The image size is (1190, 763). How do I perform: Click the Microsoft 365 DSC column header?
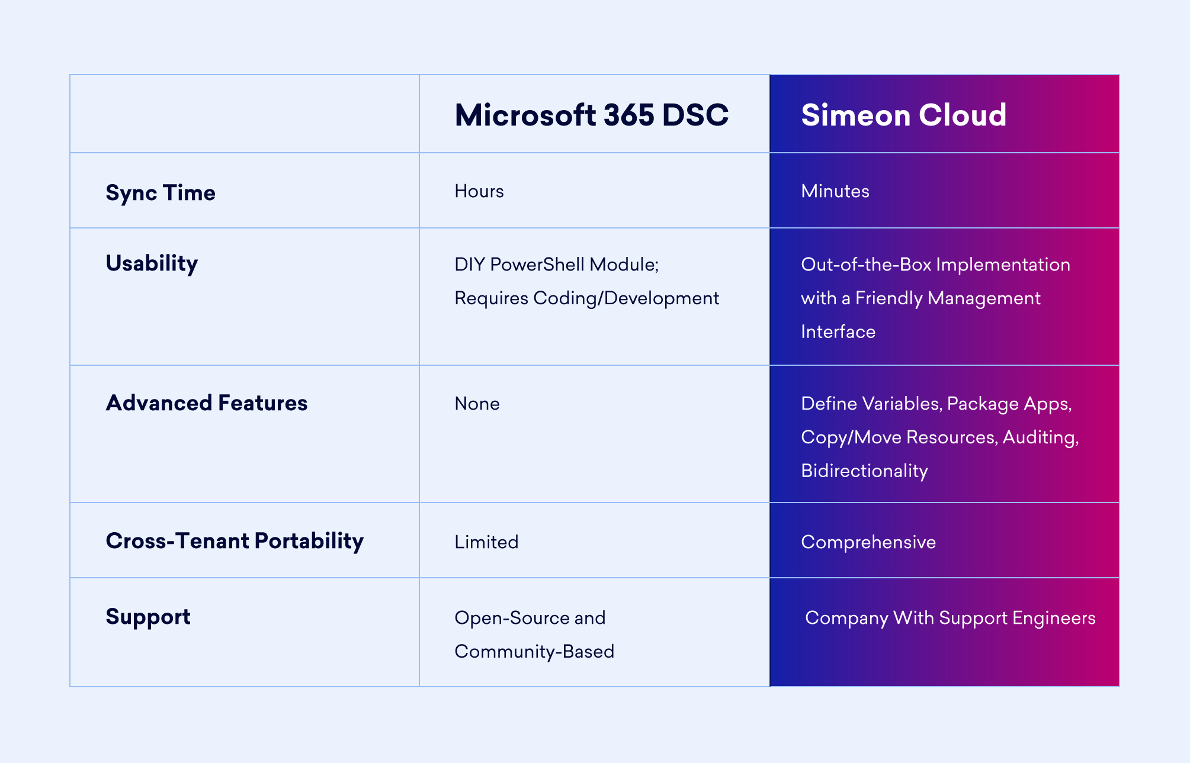click(591, 115)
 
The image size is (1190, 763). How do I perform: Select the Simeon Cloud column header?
click(903, 115)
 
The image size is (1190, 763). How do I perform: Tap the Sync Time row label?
click(161, 193)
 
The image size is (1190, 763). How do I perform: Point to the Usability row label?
click(152, 263)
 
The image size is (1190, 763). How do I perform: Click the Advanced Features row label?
click(207, 403)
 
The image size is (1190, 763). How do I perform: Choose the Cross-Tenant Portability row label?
click(235, 541)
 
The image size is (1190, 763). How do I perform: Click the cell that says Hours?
click(479, 191)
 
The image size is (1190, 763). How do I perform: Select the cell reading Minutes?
click(835, 191)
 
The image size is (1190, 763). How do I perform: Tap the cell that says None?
click(477, 404)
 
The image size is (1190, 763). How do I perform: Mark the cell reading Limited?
click(486, 542)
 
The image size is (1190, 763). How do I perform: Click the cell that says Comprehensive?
click(868, 542)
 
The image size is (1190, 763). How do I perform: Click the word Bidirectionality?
click(864, 471)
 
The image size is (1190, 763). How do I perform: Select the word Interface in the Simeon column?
click(838, 331)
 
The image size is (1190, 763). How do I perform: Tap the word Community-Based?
click(534, 652)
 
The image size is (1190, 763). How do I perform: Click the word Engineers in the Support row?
click(1054, 618)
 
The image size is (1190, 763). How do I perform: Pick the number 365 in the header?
click(629, 115)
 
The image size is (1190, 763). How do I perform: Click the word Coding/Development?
click(626, 298)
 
